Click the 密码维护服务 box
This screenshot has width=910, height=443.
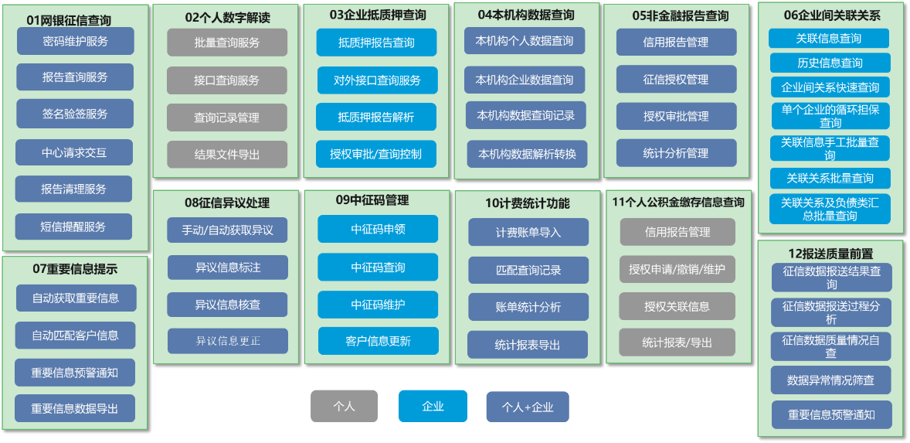(75, 41)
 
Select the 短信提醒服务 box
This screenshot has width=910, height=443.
(73, 227)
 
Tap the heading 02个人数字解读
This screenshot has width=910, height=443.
(226, 17)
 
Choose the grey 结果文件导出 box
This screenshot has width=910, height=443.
(226, 155)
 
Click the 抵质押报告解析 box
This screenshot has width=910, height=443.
(376, 117)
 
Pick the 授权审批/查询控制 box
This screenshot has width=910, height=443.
(376, 154)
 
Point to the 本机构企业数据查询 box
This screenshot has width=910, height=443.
(525, 80)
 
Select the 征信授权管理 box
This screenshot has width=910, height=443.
(676, 79)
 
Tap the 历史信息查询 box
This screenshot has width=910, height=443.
(830, 63)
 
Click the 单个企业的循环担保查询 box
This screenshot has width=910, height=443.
(830, 116)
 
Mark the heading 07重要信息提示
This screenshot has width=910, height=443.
(75, 269)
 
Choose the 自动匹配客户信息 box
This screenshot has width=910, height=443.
(75, 335)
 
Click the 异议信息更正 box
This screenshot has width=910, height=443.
(228, 341)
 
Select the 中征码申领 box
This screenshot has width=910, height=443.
(378, 229)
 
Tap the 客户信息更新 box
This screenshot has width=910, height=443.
(378, 341)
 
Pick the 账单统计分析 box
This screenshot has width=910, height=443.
(528, 307)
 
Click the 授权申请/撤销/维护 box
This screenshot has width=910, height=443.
(677, 269)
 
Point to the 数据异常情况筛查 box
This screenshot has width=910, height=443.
(831, 380)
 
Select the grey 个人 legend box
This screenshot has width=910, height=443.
(345, 406)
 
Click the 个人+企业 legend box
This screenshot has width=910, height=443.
(528, 407)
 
